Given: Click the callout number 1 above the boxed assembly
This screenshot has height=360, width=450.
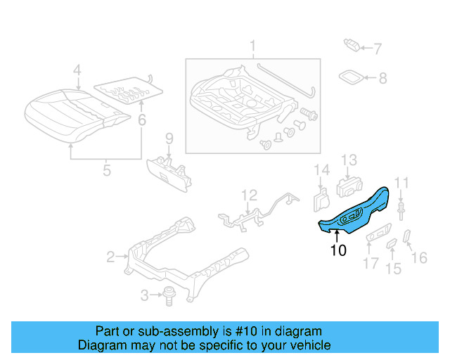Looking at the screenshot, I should pyautogui.click(x=252, y=49).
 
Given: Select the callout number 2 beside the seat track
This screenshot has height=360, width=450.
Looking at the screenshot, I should pyautogui.click(x=110, y=257).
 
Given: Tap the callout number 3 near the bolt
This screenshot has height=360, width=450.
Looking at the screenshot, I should pyautogui.click(x=145, y=295).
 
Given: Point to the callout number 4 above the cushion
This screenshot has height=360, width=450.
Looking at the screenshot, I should pyautogui.click(x=77, y=70).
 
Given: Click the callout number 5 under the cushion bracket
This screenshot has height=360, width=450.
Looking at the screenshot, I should pyautogui.click(x=107, y=169).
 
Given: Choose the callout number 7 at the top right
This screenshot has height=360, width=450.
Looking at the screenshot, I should pyautogui.click(x=377, y=49).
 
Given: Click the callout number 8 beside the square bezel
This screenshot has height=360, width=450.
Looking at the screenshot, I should pyautogui.click(x=382, y=79).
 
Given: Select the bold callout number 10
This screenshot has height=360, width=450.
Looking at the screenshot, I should pyautogui.click(x=338, y=250).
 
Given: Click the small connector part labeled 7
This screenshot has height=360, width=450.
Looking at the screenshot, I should pyautogui.click(x=352, y=46).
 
